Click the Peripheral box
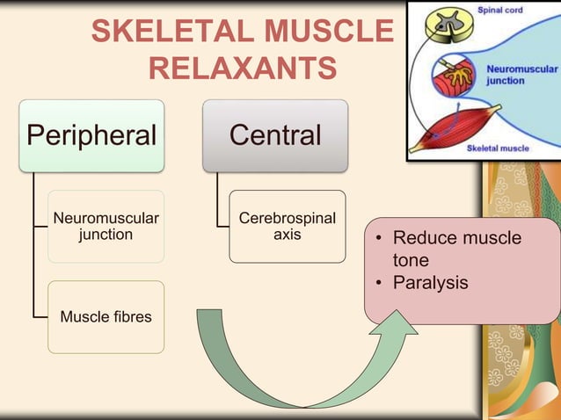click(91, 135)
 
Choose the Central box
click(275, 135)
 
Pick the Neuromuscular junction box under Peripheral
click(106, 226)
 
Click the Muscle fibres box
click(106, 316)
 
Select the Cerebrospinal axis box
click(288, 226)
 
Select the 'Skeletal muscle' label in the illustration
click(498, 148)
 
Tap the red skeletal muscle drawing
click(452, 127)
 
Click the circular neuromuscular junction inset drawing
click(453, 77)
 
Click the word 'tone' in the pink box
click(411, 261)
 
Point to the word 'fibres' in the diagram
click(129, 316)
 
